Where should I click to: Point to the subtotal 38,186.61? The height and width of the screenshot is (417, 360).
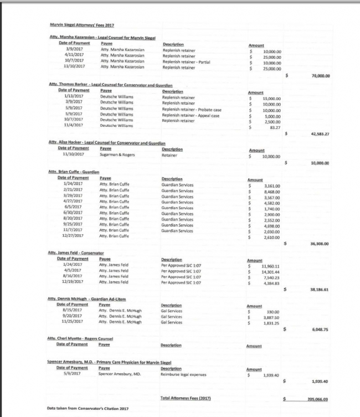coord(320,289)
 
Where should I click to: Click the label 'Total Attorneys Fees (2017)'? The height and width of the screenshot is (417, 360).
coord(186,398)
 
